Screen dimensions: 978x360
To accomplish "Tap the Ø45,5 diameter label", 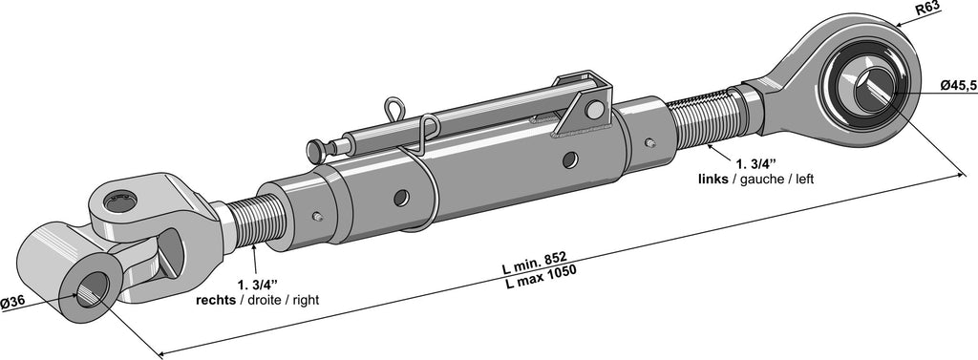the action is click(959, 86).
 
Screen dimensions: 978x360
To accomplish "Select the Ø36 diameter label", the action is click(12, 303).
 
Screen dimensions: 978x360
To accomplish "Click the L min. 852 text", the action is click(534, 263).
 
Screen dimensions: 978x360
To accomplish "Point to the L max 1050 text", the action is click(541, 277).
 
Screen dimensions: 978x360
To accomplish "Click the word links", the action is click(712, 180).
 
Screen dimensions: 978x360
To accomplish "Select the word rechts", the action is click(216, 300).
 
